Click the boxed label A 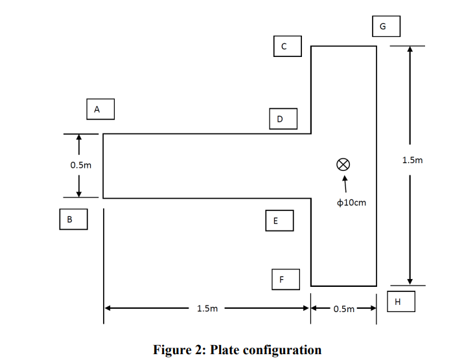tap(100, 109)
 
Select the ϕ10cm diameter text tap(352, 203)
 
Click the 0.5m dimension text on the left tap(81, 165)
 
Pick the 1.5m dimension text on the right tap(411, 160)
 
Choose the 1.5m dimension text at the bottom tap(207, 309)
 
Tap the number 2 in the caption tap(198, 350)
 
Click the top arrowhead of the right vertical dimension tap(409, 51)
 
